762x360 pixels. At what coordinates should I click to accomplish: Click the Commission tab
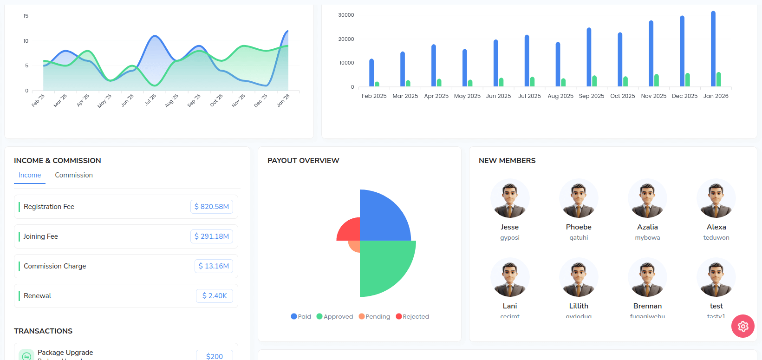pyautogui.click(x=74, y=175)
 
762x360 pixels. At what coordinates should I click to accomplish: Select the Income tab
pyautogui.click(x=30, y=175)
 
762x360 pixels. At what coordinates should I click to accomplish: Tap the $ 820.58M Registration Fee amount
pyautogui.click(x=212, y=207)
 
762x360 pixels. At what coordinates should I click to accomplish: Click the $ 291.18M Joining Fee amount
pyautogui.click(x=212, y=236)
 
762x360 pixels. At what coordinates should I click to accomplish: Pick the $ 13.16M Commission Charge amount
pyautogui.click(x=214, y=266)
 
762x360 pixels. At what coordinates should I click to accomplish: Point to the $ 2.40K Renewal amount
pyautogui.click(x=215, y=296)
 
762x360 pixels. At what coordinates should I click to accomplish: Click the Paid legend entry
pyautogui.click(x=301, y=317)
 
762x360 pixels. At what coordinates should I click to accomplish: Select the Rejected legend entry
pyautogui.click(x=412, y=317)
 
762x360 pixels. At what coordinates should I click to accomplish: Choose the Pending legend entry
pyautogui.click(x=374, y=317)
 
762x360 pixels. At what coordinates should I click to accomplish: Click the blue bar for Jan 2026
pyautogui.click(x=713, y=49)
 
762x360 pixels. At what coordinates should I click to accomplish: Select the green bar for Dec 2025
pyautogui.click(x=687, y=80)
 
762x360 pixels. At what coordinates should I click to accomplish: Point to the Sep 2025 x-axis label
pyautogui.click(x=592, y=96)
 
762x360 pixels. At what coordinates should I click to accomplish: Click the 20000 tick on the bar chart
pyautogui.click(x=346, y=39)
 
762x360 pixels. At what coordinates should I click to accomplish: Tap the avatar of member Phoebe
pyautogui.click(x=579, y=199)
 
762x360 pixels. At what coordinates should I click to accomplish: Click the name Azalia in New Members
pyautogui.click(x=647, y=227)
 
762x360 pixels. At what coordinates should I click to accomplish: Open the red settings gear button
pyautogui.click(x=743, y=326)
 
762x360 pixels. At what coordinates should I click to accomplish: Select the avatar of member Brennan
pyautogui.click(x=647, y=278)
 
